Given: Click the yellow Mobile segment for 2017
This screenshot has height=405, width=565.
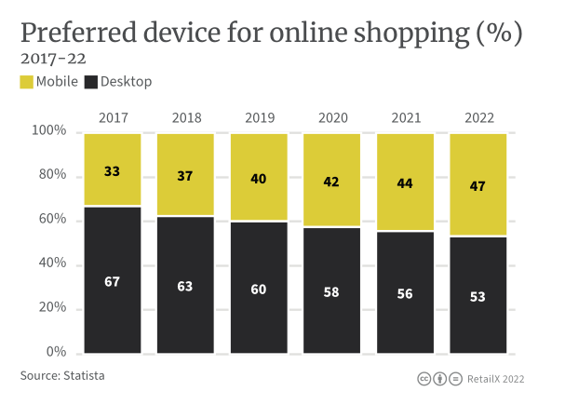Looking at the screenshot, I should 113,169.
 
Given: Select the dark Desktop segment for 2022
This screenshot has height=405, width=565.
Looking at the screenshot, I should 478,295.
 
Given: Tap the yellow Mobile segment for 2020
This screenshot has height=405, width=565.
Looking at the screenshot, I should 332,180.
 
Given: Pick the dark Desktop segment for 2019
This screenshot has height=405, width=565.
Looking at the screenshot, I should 259,288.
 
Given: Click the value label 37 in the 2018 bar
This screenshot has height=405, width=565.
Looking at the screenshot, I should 185,175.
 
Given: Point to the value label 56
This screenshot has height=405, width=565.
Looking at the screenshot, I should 405,291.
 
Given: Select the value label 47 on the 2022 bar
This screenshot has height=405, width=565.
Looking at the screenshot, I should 478,186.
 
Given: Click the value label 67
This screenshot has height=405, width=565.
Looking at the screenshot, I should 113,281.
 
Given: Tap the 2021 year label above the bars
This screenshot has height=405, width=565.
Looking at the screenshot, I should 405,118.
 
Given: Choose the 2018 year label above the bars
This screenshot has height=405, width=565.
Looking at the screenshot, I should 186,118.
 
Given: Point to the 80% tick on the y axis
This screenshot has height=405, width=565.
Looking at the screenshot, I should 50,175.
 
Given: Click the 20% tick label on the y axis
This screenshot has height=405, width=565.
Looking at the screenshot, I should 50,308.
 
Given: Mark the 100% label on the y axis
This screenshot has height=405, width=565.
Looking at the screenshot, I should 48,131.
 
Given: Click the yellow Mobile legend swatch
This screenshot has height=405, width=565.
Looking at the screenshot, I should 27,82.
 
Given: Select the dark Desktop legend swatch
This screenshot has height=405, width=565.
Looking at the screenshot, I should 91,82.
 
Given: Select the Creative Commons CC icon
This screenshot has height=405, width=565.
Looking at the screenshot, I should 424,379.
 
